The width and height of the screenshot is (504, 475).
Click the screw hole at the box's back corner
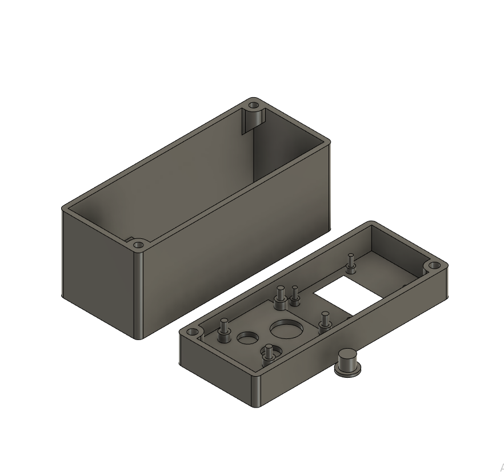pos(253,106)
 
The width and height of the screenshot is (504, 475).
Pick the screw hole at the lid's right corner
pos(434,266)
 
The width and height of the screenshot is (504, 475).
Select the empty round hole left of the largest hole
pos(247,338)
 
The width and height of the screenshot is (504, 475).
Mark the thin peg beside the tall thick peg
pos(295,294)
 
